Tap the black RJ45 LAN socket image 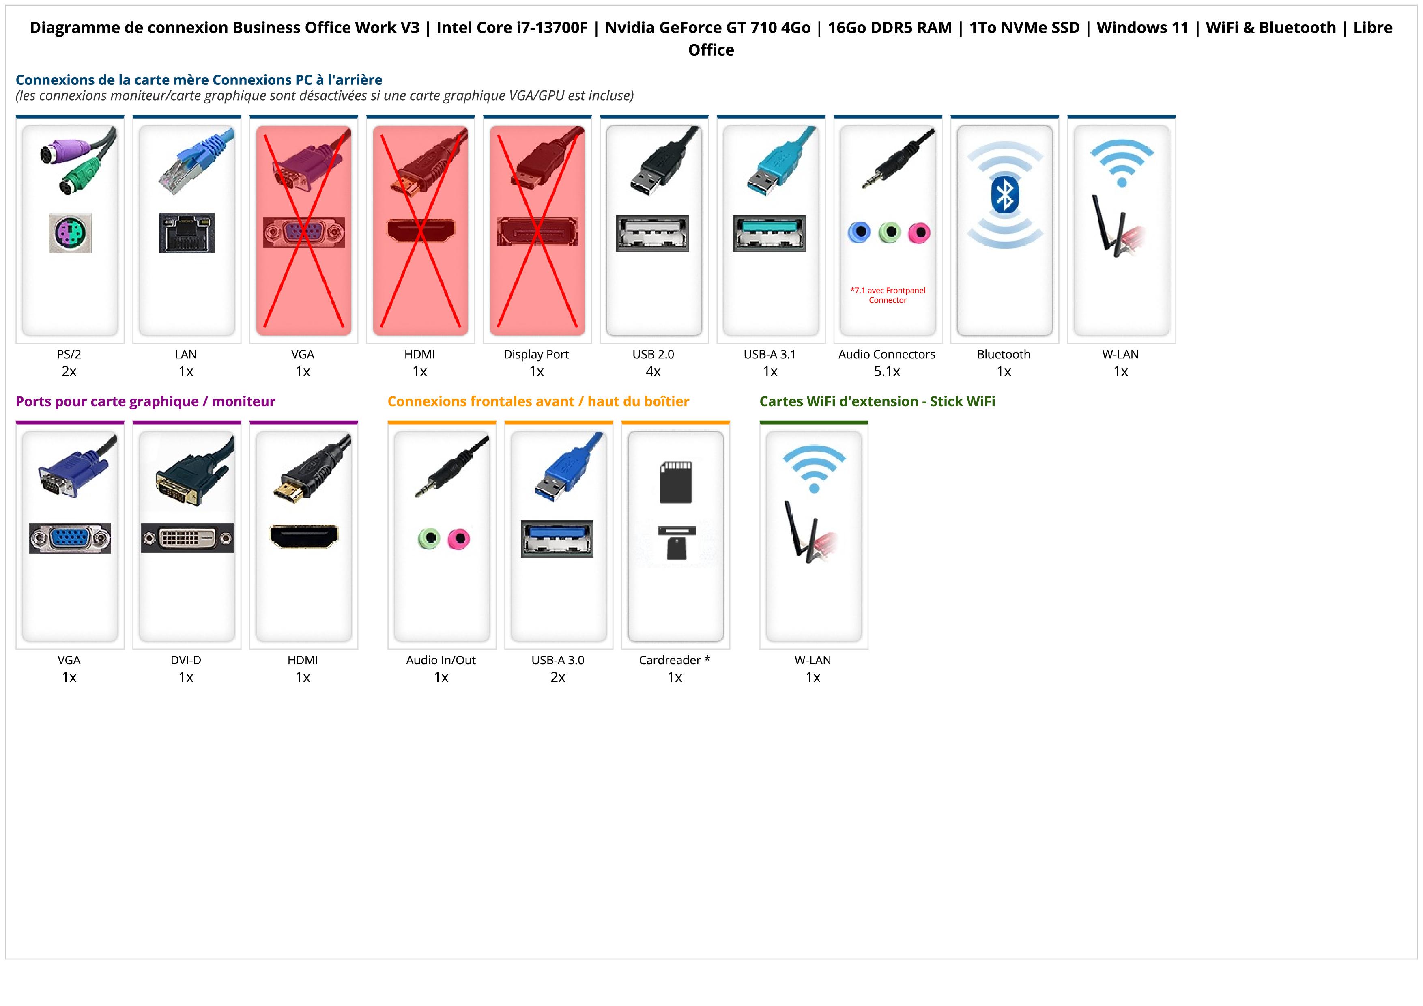[x=187, y=233]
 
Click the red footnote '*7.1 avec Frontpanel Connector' [x=888, y=295]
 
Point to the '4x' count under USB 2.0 [x=653, y=371]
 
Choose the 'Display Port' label [x=536, y=355]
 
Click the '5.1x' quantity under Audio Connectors [x=887, y=371]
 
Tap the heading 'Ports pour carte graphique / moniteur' [x=146, y=402]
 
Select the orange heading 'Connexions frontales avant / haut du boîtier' [x=538, y=402]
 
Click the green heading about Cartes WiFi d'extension [x=877, y=402]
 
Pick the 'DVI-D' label [x=186, y=660]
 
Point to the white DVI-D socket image [x=187, y=538]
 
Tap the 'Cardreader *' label [x=674, y=660]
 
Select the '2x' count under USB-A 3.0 [x=558, y=677]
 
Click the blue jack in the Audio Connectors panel [x=859, y=233]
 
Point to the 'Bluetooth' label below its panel [x=1004, y=355]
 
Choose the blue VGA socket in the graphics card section [x=70, y=538]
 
